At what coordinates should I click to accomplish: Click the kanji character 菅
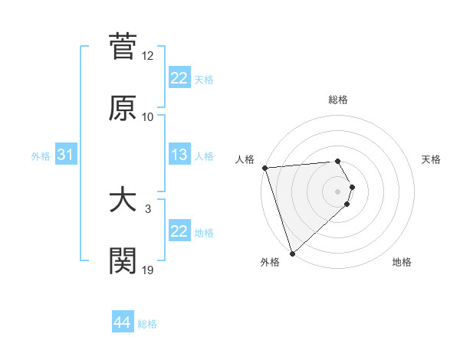[x=123, y=47]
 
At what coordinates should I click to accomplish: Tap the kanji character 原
[x=123, y=108]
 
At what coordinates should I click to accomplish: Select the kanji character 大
[x=123, y=200]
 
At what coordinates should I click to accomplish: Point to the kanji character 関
[x=123, y=261]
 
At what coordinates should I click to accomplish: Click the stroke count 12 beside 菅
[x=148, y=56]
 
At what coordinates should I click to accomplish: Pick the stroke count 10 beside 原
[x=148, y=117]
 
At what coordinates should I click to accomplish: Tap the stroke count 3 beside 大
[x=148, y=208]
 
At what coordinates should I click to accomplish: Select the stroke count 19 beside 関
[x=148, y=270]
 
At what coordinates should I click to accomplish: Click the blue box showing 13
[x=179, y=155]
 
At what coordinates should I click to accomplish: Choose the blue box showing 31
[x=66, y=155]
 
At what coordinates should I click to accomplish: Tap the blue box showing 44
[x=123, y=323]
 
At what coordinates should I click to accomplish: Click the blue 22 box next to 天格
[x=179, y=78]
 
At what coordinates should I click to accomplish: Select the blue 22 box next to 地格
[x=179, y=232]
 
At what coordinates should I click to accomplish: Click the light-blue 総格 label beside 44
[x=147, y=324]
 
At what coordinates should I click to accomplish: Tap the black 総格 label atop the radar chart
[x=337, y=100]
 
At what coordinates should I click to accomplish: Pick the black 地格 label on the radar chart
[x=402, y=262]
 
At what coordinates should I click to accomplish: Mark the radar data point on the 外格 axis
[x=292, y=253]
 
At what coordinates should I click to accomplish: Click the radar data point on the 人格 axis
[x=264, y=168]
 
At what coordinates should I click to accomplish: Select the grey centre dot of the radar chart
[x=337, y=191]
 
